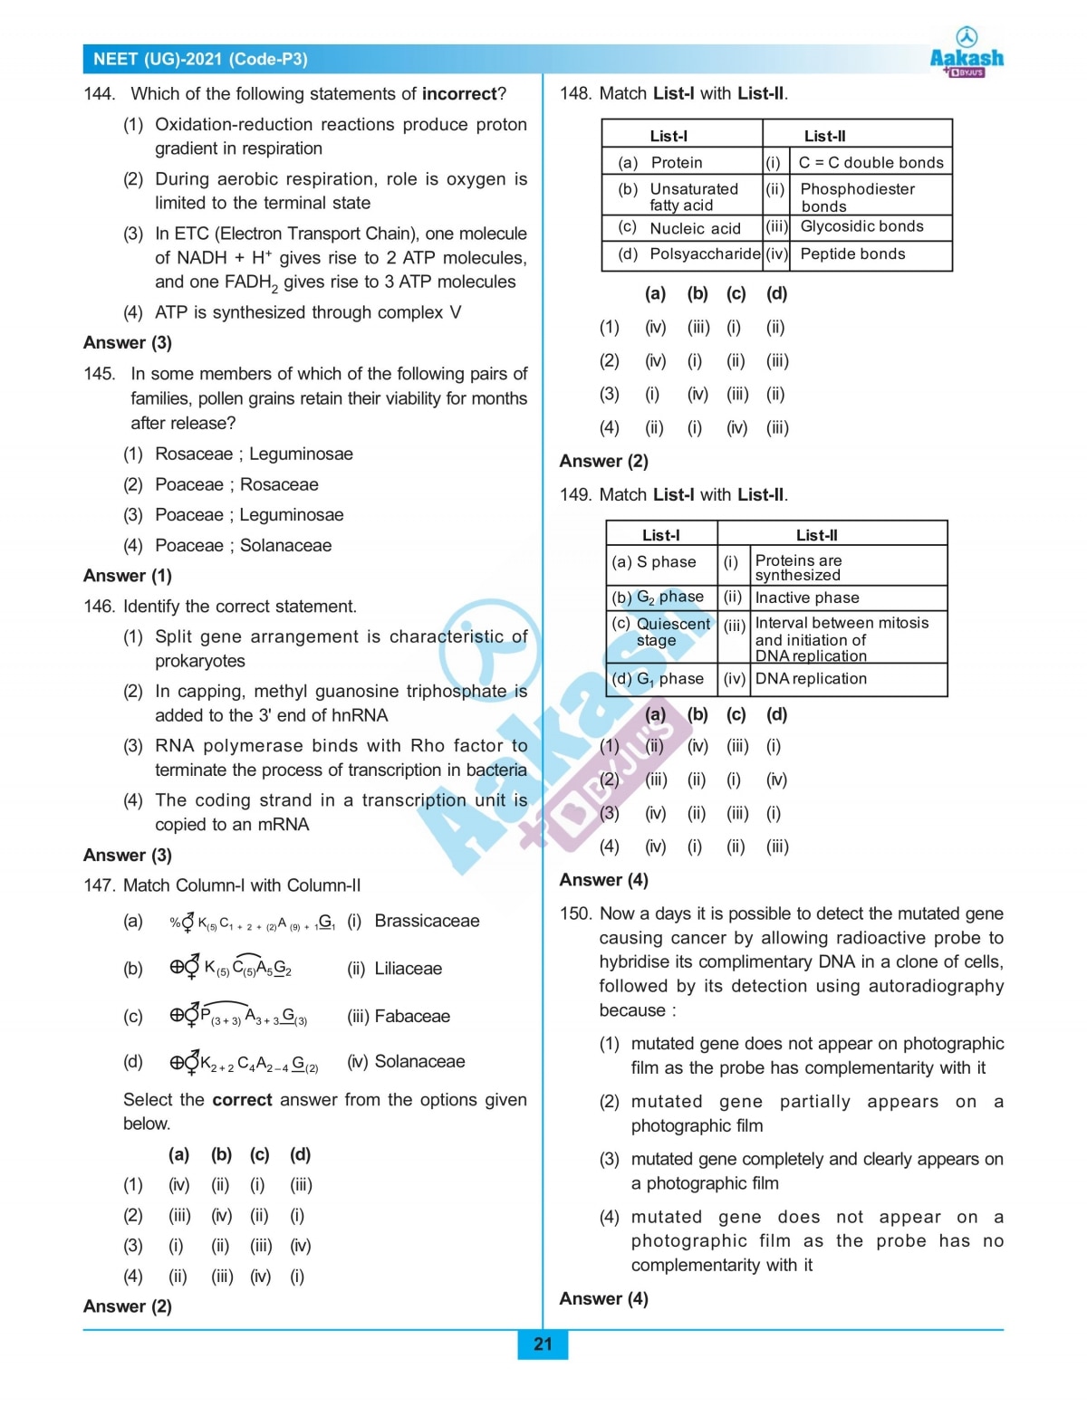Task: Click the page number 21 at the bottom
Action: pos(543,1344)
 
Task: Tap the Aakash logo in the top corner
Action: pos(967,53)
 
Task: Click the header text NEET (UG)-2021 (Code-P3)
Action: pos(200,60)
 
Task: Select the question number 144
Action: pos(99,94)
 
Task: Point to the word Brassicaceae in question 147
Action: pos(427,921)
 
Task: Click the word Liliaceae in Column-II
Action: pos(408,969)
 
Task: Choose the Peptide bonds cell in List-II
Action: pos(852,254)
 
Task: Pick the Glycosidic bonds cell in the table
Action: pos(861,226)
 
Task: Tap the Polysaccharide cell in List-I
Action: pos(704,254)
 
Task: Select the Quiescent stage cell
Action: pos(660,632)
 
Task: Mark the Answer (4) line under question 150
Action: pos(603,1298)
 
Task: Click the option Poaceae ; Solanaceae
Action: pos(243,545)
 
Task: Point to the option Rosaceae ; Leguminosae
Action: pos(254,454)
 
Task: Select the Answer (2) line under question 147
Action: pos(128,1306)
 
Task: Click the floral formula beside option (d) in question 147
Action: pos(245,1063)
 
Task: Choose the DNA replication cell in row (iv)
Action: pos(811,679)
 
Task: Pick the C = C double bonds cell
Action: pos(871,163)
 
